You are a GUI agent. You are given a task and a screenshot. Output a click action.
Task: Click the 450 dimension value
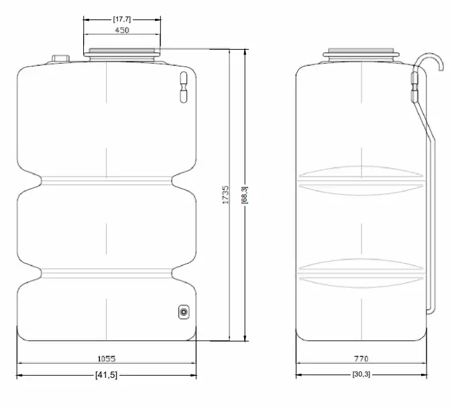[122, 30]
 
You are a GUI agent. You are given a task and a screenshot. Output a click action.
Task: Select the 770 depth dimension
[361, 359]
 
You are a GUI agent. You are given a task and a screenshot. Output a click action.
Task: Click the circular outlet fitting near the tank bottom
[184, 311]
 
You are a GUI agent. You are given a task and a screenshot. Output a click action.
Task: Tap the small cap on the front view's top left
[61, 59]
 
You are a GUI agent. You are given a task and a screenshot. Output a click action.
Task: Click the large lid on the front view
[123, 52]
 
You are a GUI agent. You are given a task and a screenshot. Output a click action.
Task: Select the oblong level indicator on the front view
[182, 87]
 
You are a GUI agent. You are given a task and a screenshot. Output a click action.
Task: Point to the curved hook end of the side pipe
[439, 63]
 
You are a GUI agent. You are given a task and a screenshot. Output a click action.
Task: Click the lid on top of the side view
[361, 54]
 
